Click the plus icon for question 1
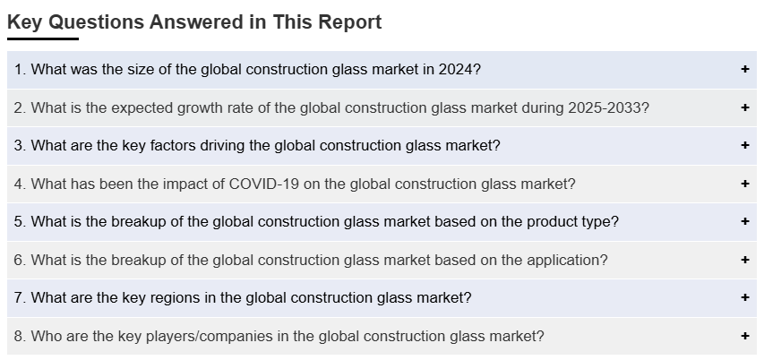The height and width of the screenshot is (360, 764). (x=744, y=69)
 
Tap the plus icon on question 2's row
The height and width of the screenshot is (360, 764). (x=744, y=107)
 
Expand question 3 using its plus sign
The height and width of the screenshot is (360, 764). (x=744, y=145)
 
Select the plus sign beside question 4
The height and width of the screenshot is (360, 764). (x=744, y=184)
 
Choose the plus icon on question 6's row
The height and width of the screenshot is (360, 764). (x=744, y=260)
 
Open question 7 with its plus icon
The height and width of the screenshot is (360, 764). (x=744, y=297)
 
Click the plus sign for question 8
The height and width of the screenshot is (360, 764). (x=744, y=336)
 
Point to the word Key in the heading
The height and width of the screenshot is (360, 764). (x=26, y=22)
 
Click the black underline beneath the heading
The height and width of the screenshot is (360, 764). (x=43, y=39)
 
